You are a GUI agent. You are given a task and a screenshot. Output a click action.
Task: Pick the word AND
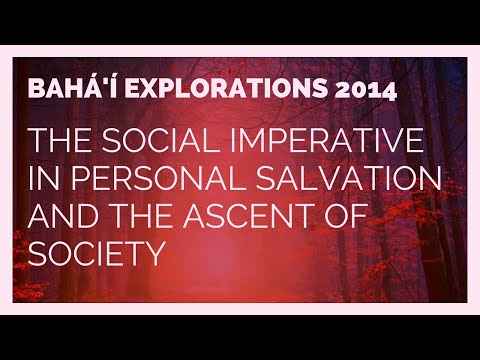(x=65, y=219)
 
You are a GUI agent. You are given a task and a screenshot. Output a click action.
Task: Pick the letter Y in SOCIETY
(x=153, y=256)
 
